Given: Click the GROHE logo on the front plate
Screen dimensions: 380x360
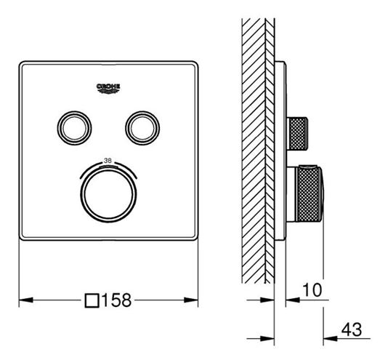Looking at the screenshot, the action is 108,88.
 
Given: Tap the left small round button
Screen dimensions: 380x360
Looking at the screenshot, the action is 74,128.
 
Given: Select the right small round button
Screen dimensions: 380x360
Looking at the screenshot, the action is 142,128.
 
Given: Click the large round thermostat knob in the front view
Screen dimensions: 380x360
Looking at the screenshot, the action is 108,194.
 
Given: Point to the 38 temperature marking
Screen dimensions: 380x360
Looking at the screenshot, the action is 108,160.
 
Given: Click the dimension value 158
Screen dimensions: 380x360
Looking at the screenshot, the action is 117,300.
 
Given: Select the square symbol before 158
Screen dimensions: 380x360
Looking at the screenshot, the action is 92,300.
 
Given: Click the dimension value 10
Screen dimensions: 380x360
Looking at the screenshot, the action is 312,289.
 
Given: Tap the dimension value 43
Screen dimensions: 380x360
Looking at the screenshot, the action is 352,329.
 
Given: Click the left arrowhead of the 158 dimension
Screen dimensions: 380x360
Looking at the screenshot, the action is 26,300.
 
